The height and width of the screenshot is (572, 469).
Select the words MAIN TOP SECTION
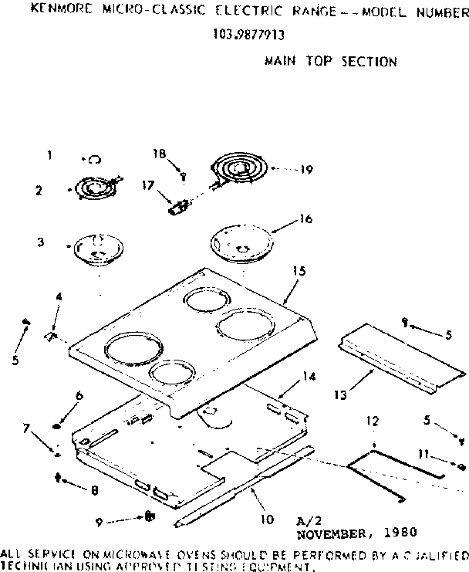coord(330,61)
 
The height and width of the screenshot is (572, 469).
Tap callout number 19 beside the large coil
coord(307,170)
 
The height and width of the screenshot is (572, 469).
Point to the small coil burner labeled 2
coord(95,188)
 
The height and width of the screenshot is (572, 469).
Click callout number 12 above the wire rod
coord(373,421)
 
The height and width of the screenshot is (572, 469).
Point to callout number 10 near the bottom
coord(267,520)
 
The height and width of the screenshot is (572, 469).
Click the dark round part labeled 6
coord(58,424)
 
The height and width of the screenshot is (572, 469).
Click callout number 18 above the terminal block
coord(159,154)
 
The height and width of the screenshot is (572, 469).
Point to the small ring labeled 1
coord(93,159)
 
